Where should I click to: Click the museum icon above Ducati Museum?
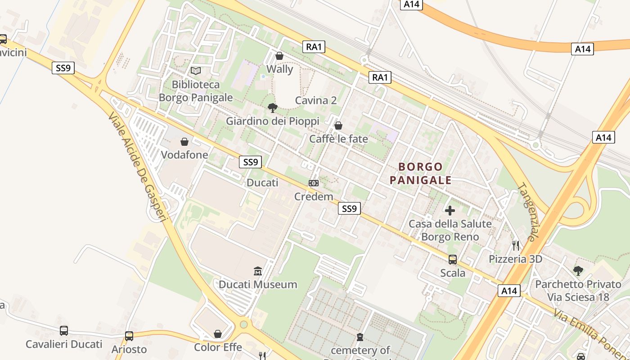pos(258,271)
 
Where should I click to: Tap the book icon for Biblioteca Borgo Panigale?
pos(196,71)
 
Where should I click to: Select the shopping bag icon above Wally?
pos(279,56)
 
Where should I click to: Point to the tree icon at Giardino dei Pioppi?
pos(272,108)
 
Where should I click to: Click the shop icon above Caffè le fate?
pos(338,126)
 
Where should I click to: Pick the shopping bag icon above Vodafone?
pos(184,142)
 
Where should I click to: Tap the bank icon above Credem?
pos(314,183)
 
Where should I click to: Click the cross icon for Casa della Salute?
pos(450,210)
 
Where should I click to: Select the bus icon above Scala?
pos(453,260)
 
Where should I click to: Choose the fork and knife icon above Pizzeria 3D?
pos(516,246)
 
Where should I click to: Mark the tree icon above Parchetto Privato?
pos(578,271)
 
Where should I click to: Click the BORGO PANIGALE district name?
pos(421,174)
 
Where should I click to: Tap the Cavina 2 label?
pos(316,100)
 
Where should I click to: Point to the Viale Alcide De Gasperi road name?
pos(138,166)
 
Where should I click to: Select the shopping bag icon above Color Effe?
pos(218,334)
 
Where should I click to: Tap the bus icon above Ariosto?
pos(129,336)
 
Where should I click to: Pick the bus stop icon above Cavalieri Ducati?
pos(64,331)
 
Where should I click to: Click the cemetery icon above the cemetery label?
pos(360,337)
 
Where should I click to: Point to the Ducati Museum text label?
pos(258,284)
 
